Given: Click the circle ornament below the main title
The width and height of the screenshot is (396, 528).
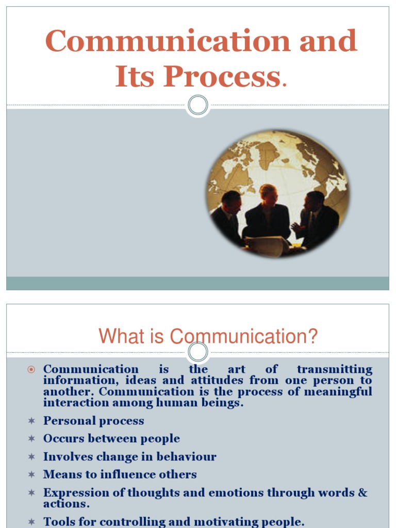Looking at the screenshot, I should [197, 105].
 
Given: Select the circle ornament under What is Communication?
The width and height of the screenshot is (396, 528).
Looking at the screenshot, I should [197, 352].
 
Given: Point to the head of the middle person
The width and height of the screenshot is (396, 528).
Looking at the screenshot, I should [268, 194].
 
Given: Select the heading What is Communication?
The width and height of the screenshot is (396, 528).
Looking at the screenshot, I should [208, 337].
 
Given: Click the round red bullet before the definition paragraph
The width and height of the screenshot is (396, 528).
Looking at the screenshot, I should [31, 369].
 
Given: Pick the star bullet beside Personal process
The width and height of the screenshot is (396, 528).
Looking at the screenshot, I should [31, 421].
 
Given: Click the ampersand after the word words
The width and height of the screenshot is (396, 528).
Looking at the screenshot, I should [362, 492].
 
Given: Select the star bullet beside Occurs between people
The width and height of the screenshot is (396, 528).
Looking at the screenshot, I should [31, 439].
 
